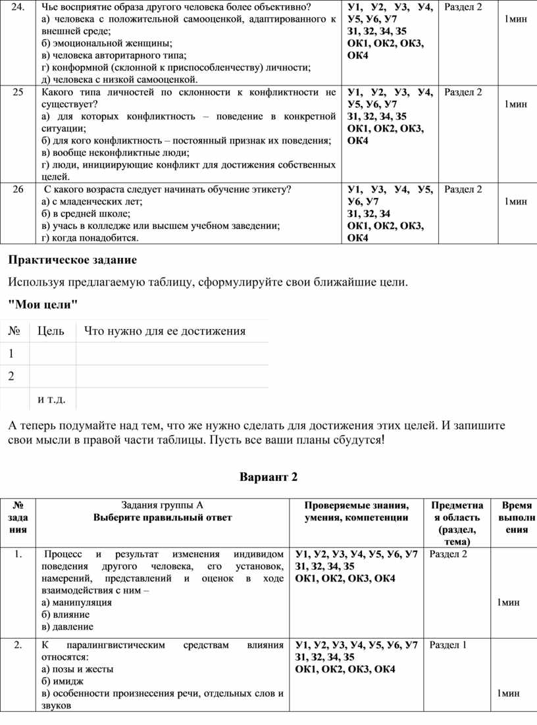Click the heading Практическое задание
(72, 260)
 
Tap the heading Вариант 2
(268, 477)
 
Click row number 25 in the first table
(18, 92)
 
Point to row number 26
(18, 189)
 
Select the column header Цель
(51, 331)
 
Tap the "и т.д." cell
(56, 399)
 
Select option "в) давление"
(67, 626)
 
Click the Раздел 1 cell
(448, 645)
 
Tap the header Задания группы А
(163, 505)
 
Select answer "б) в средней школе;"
(86, 213)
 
